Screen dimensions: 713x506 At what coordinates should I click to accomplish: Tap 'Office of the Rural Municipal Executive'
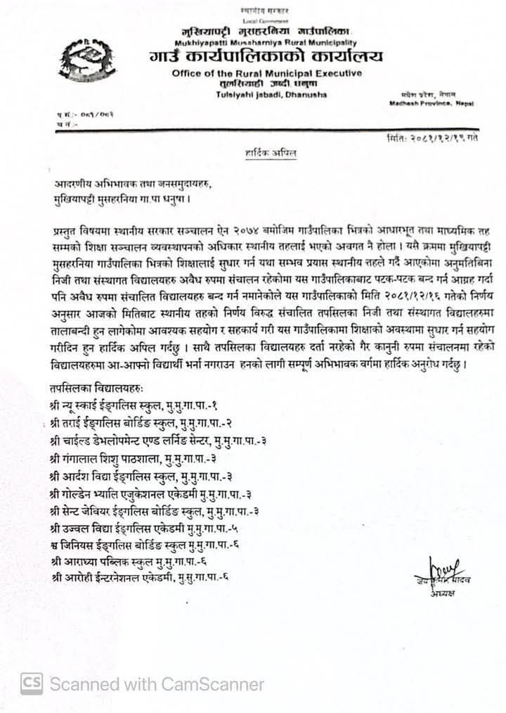tap(266, 74)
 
